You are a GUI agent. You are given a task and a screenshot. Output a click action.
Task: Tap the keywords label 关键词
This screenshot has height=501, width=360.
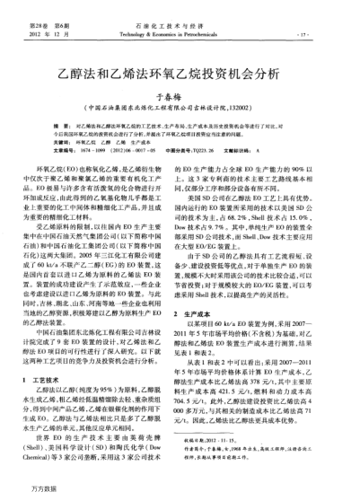(58, 142)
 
